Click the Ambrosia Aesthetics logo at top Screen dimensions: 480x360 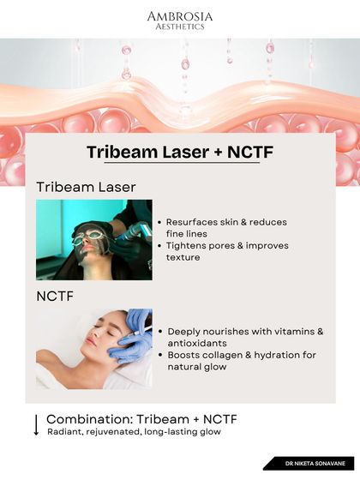click(180, 21)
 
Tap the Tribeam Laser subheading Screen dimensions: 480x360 click(86, 187)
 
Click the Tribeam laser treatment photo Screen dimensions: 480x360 click(93, 239)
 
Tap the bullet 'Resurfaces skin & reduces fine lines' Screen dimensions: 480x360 click(226, 227)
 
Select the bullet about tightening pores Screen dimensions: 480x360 click(227, 251)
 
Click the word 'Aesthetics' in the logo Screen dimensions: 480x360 click(180, 27)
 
